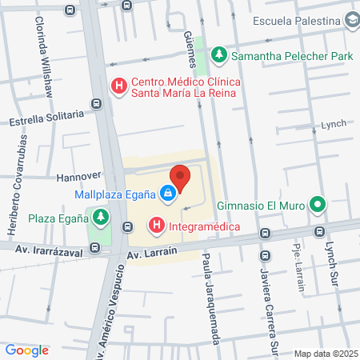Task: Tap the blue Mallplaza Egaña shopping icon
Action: [x=166, y=193]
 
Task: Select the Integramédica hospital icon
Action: [x=156, y=226]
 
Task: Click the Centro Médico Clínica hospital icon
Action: [x=118, y=85]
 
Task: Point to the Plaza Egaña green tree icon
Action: [x=99, y=217]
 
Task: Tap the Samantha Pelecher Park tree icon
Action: [x=219, y=56]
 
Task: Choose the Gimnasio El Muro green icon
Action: [x=318, y=206]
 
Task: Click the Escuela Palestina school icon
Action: [x=350, y=22]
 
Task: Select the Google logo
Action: [x=27, y=350]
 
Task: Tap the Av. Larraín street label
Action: [x=152, y=255]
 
